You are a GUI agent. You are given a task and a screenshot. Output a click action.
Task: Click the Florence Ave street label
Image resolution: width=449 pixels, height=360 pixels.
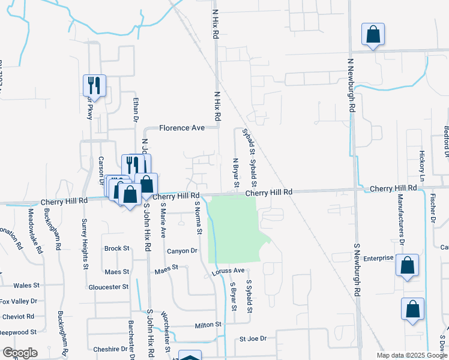tap(182, 128)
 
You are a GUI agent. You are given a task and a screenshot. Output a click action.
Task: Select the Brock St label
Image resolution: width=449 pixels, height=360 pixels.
tap(116, 248)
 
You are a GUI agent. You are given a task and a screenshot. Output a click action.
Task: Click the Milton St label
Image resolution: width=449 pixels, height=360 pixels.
tap(208, 325)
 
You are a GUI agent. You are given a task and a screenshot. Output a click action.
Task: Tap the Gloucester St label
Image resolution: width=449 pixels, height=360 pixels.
tap(108, 287)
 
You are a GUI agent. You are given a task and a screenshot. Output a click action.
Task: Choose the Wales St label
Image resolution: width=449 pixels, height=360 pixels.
tap(26, 286)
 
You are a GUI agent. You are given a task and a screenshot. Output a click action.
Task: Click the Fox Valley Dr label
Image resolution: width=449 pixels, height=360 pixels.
tap(19, 301)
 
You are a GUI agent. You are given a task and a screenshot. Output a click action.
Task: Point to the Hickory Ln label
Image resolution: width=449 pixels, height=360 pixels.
tap(422, 166)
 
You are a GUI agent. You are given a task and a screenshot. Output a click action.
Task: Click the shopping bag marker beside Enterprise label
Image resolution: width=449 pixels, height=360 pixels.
tap(407, 265)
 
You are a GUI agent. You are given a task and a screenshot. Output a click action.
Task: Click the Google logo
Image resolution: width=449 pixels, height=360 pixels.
tap(19, 353)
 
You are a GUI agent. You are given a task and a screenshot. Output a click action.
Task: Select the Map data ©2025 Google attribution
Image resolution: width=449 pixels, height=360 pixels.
tap(411, 355)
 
